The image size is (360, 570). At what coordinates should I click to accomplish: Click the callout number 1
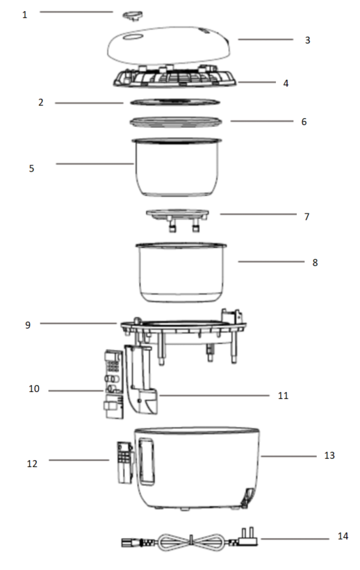[x=25, y=15]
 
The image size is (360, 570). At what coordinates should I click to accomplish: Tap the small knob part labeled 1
[x=133, y=15]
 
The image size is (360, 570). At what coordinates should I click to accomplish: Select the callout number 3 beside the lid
[x=307, y=40]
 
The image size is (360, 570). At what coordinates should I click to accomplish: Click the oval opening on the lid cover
[x=133, y=37]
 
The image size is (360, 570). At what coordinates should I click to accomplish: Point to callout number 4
[x=286, y=83]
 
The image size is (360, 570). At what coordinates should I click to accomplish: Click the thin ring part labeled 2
[x=175, y=102]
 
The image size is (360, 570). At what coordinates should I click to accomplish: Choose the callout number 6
[x=304, y=122]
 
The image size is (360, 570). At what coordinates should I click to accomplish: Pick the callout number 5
[x=31, y=168]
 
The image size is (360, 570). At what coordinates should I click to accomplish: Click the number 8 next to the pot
[x=315, y=263]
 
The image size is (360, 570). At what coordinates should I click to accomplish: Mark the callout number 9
[x=28, y=325]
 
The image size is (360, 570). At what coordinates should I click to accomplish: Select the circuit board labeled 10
[x=113, y=384]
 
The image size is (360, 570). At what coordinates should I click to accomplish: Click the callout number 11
[x=283, y=396]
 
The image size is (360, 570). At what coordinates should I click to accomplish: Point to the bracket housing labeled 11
[x=141, y=380]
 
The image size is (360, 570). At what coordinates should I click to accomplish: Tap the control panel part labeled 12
[x=124, y=462]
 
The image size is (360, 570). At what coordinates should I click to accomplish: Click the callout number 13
[x=329, y=455]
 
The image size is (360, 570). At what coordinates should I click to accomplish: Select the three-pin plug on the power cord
[x=248, y=537]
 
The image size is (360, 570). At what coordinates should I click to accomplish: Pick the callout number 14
[x=343, y=536]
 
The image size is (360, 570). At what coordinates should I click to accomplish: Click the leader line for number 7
[x=258, y=214]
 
